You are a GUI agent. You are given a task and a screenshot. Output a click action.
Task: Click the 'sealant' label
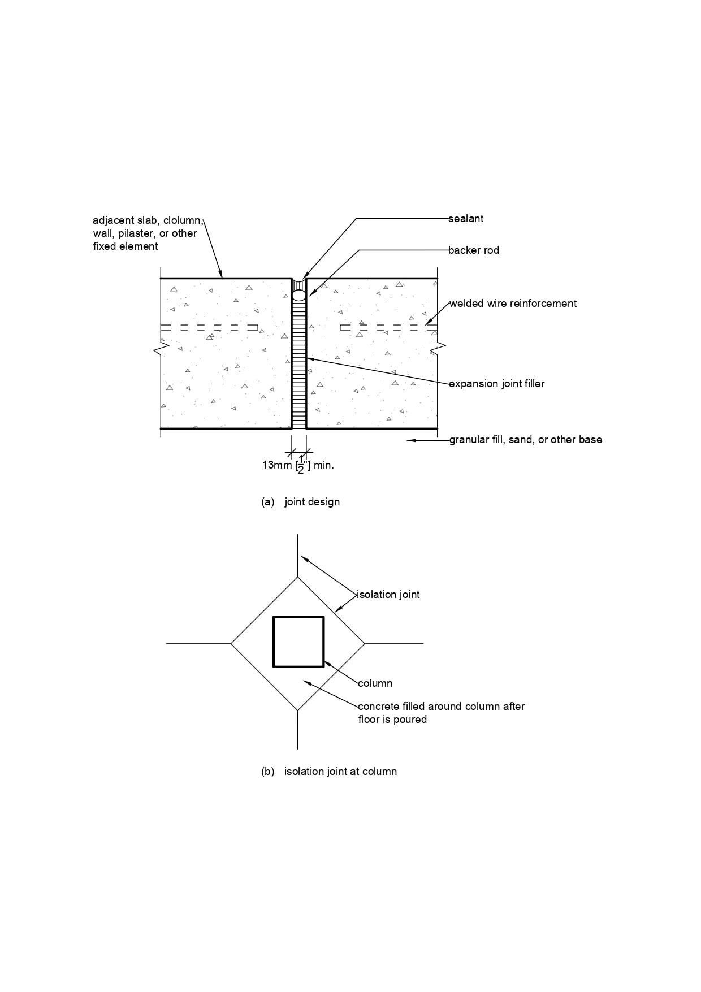[466, 219]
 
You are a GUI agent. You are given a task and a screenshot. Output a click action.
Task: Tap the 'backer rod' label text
[474, 250]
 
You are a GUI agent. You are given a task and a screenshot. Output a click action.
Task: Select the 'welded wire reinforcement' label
[513, 304]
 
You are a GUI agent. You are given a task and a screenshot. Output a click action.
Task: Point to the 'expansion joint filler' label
[497, 384]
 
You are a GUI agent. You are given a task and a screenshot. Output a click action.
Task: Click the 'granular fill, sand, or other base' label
[526, 440]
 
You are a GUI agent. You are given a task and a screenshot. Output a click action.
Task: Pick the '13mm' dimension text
[276, 465]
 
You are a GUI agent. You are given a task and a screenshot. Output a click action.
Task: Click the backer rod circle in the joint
[299, 295]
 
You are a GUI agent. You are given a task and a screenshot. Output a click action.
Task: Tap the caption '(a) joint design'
[300, 502]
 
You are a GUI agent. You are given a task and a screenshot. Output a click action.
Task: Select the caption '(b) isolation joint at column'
[328, 772]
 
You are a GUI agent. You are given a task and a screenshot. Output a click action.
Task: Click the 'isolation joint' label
[389, 595]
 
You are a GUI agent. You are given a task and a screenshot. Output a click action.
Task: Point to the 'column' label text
[375, 683]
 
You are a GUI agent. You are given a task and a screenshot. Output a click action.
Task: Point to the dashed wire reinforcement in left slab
[209, 327]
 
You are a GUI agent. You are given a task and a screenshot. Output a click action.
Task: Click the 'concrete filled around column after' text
[441, 707]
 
